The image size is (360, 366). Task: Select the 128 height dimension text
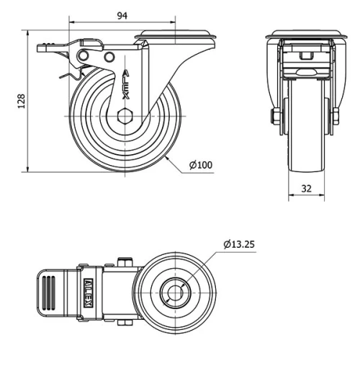pos(15,102)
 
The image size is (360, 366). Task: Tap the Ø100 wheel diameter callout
pos(201,165)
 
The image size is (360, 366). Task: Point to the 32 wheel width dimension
pos(307,189)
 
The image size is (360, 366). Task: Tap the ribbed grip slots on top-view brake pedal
pos(49,293)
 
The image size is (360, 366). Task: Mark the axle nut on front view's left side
pos(276,117)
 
